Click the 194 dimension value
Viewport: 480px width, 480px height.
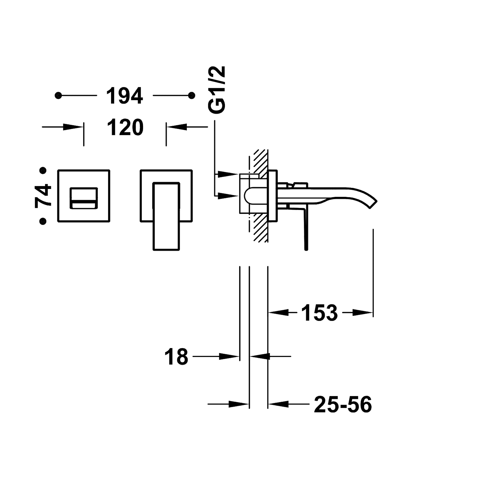coord(125,96)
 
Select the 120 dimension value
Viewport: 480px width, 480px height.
coord(125,127)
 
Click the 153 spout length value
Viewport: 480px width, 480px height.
coord(319,313)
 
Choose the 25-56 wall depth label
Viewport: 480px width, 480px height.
coord(343,404)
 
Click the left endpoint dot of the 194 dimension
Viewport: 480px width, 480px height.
coord(58,96)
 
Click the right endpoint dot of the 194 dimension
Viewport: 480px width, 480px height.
coord(191,96)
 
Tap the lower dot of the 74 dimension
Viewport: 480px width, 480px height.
coord(44,221)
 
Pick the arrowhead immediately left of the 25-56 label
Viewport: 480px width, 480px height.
coord(277,404)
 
